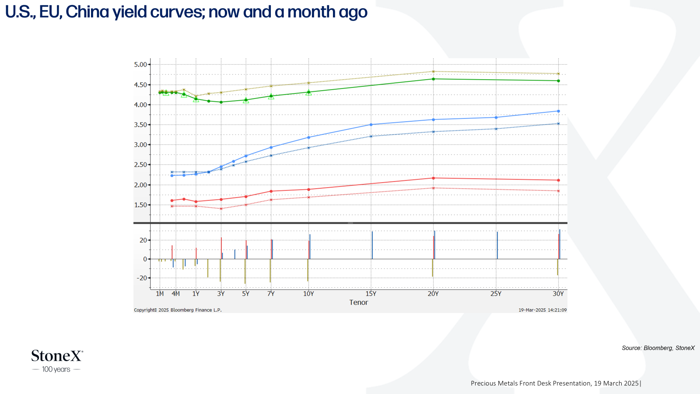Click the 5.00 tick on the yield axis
pyautogui.click(x=140, y=65)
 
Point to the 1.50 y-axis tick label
pyautogui.click(x=140, y=205)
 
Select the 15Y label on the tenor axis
pyautogui.click(x=371, y=294)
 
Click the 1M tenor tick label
pyautogui.click(x=160, y=294)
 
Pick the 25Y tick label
pyautogui.click(x=496, y=294)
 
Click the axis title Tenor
pyautogui.click(x=358, y=303)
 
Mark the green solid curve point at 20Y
pyautogui.click(x=433, y=79)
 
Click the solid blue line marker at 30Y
pyautogui.click(x=558, y=111)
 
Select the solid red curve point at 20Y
pyautogui.click(x=433, y=178)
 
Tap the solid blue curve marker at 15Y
pyautogui.click(x=371, y=125)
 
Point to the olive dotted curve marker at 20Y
pyautogui.click(x=433, y=72)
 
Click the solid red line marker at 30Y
pyautogui.click(x=558, y=180)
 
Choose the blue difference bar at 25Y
pyautogui.click(x=497, y=246)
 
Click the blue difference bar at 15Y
pyautogui.click(x=372, y=245)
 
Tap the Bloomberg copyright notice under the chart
pyautogui.click(x=178, y=310)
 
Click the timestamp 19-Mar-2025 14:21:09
pyautogui.click(x=542, y=310)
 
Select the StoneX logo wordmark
pyautogui.click(x=57, y=356)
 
